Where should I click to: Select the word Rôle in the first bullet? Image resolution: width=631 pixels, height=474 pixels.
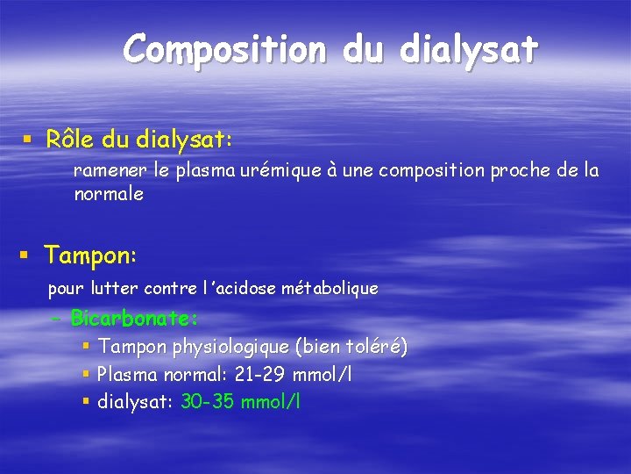71,139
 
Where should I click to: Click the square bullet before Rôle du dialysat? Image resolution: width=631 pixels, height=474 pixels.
29,140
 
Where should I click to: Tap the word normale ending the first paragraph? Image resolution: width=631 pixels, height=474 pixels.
109,194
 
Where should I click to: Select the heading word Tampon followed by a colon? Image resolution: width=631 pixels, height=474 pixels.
87,255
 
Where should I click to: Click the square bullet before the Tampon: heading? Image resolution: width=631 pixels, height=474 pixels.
25,255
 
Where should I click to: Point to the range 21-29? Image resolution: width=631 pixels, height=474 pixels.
261,375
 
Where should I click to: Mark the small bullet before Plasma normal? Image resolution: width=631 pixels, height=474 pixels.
86,375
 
